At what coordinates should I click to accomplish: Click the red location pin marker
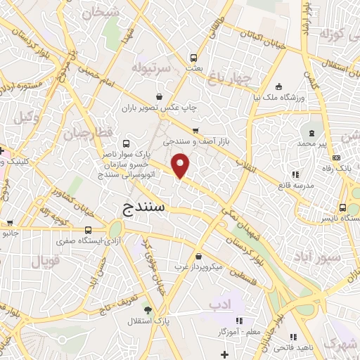coord(181,166)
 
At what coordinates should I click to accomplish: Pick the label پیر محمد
coord(312,143)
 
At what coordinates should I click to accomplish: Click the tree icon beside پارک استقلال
coord(147,310)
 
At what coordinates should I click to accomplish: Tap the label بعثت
coord(194,69)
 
